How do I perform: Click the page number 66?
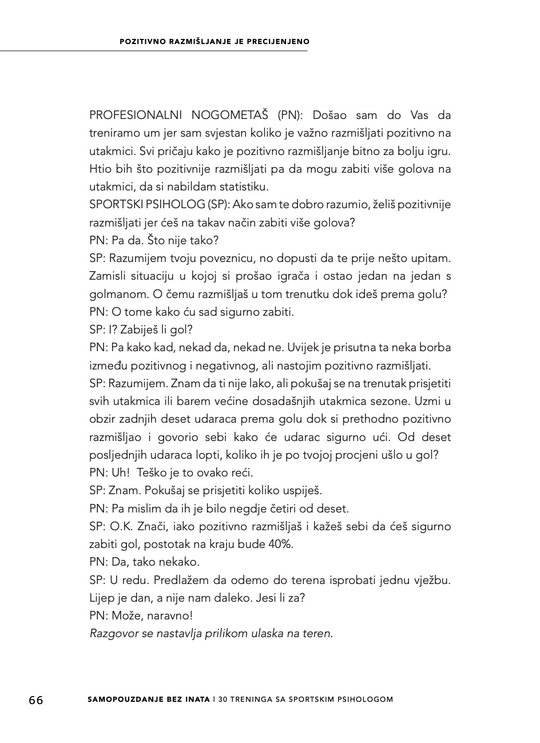[x=36, y=700]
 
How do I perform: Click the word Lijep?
[x=102, y=598]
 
